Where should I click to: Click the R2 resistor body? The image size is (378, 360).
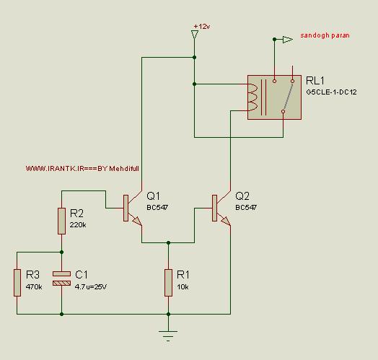(61, 221)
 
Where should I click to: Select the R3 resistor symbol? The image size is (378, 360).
(17, 283)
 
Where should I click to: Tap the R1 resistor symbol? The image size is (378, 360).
(168, 283)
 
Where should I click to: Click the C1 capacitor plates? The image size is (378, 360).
(62, 278)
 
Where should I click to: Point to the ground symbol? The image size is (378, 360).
(168, 335)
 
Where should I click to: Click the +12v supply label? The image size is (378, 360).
(202, 26)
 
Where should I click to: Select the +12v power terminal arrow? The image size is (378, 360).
(194, 35)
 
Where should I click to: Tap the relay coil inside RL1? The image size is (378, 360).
(252, 97)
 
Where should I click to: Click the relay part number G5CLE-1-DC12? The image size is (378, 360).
(331, 92)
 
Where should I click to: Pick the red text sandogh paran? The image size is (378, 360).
(325, 35)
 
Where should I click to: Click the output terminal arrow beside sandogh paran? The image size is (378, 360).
(288, 40)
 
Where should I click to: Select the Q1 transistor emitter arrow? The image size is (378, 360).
(137, 221)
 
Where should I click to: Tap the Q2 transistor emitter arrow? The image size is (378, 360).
(226, 221)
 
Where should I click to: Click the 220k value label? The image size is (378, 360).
(78, 225)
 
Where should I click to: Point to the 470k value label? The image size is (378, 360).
(34, 287)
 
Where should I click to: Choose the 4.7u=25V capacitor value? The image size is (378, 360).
(91, 287)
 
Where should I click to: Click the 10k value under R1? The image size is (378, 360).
(183, 287)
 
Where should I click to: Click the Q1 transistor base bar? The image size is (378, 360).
(126, 208)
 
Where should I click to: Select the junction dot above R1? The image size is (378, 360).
(168, 242)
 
